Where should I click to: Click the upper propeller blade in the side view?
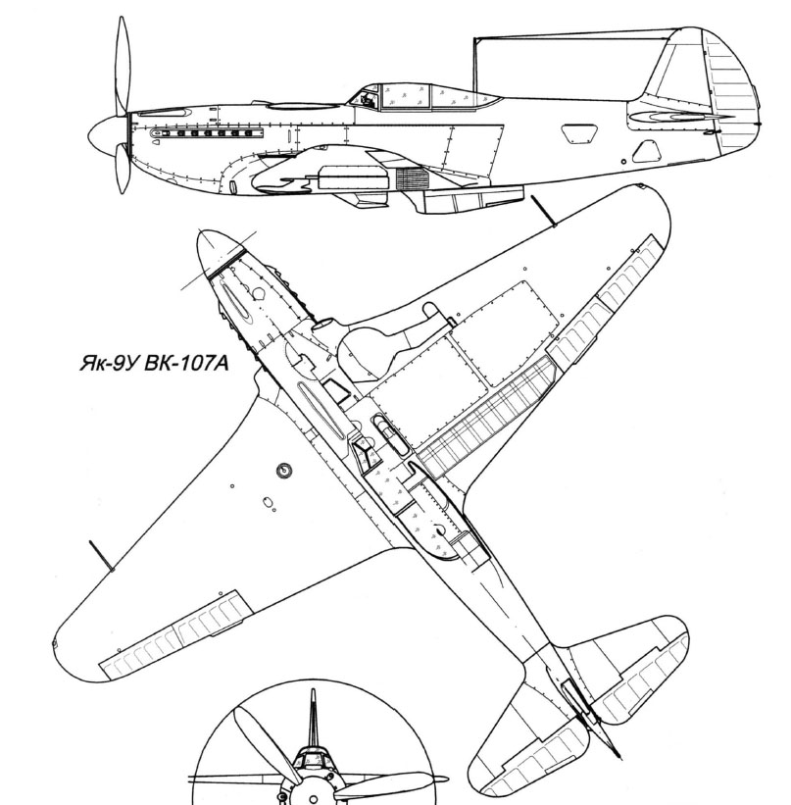click(x=123, y=63)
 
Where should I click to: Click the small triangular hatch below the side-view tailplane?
click(x=647, y=150)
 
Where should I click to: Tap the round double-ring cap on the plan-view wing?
click(x=284, y=470)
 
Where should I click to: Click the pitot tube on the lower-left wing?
click(x=101, y=555)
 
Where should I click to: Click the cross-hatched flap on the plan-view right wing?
click(x=481, y=412)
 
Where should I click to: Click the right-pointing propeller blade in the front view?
click(x=387, y=785)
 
